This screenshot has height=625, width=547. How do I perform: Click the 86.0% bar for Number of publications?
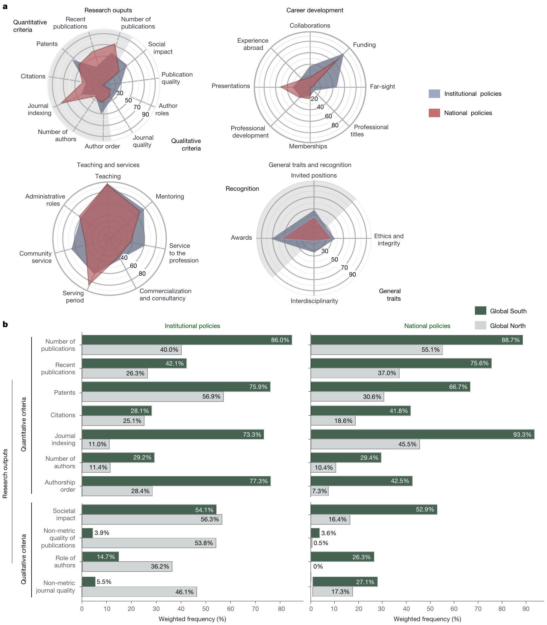[x=187, y=340]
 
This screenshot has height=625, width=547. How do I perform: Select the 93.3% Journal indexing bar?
[x=422, y=434]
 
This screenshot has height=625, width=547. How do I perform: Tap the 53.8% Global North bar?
[x=149, y=543]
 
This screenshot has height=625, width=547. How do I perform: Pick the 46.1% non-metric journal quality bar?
[x=139, y=592]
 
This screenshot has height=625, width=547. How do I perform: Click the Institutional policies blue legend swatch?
[x=434, y=94]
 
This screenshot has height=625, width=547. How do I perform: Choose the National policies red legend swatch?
[x=434, y=113]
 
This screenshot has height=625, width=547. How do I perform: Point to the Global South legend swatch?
[x=480, y=311]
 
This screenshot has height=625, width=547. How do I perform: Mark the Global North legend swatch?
[x=480, y=326]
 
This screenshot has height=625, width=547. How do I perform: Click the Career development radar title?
[x=315, y=11]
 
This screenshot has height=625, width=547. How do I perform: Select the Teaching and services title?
[x=108, y=165]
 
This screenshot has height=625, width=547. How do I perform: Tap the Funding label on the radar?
[x=364, y=45]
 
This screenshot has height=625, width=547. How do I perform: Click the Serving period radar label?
[x=73, y=297]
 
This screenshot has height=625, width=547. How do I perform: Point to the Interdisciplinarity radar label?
[x=314, y=301]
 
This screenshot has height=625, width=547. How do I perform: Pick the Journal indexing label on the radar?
[x=39, y=109]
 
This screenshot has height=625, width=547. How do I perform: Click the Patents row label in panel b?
[x=64, y=393]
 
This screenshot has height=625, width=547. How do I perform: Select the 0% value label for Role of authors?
[x=318, y=566]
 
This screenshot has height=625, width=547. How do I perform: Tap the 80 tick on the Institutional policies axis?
[x=281, y=609]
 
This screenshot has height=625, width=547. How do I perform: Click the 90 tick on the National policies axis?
[x=526, y=609]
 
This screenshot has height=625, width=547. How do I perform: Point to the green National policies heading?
[x=427, y=326]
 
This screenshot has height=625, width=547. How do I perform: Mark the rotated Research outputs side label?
[x=5, y=473]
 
